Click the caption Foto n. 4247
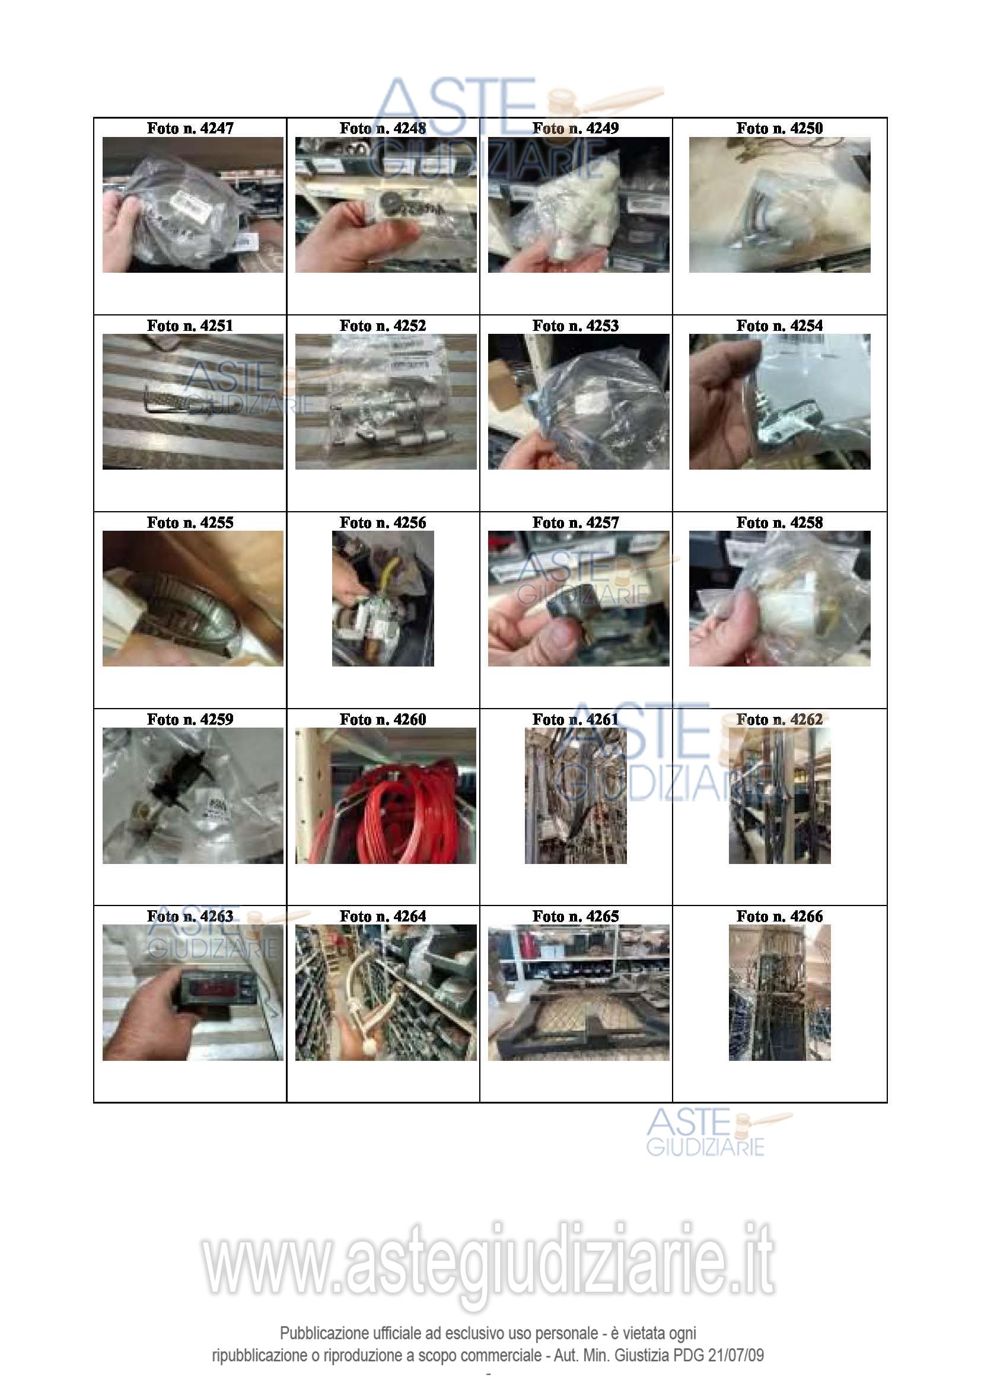tap(190, 128)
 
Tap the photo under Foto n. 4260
tap(386, 795)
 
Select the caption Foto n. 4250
tap(779, 128)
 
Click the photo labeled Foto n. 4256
tap(383, 598)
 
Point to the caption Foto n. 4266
tap(779, 916)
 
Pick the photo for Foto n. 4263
tap(193, 992)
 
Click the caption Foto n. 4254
tap(779, 326)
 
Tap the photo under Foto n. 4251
tap(193, 401)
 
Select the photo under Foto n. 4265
tap(579, 992)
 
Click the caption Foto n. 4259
tap(190, 719)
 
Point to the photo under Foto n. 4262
tap(779, 795)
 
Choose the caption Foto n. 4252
tap(383, 326)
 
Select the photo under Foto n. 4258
tap(779, 598)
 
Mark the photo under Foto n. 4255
tap(193, 598)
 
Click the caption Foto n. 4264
tap(383, 916)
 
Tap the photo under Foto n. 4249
tap(579, 204)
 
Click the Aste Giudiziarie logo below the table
tap(719, 1133)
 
